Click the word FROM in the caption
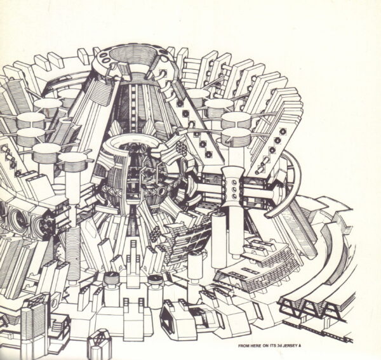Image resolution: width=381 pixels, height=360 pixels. (244, 345)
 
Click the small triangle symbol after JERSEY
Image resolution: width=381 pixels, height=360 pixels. (297, 345)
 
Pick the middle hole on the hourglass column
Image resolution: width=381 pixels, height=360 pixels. (234, 189)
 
